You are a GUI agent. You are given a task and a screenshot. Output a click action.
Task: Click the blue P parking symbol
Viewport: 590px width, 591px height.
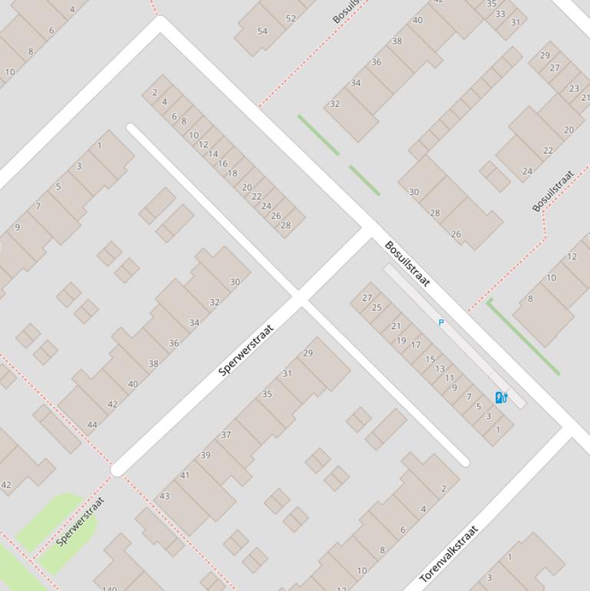coord(440,322)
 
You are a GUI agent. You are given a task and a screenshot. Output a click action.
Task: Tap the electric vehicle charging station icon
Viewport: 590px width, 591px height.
coord(501,397)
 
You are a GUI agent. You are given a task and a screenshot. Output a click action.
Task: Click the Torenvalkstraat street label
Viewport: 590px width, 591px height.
coord(450,553)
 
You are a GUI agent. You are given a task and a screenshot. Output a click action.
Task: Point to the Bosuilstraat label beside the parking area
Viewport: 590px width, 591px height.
coord(407,263)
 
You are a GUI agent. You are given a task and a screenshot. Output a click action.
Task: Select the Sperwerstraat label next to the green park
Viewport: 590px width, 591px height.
coord(81,522)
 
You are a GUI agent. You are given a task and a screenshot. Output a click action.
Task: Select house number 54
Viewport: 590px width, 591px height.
coord(262,31)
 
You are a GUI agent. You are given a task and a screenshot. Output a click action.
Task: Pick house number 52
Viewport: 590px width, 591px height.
coord(290,18)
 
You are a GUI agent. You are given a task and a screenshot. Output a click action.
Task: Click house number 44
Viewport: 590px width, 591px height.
coord(92,424)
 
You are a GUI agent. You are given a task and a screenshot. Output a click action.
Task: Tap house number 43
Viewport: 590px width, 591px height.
coord(164,496)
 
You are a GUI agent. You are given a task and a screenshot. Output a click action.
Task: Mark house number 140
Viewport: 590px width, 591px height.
coord(110,589)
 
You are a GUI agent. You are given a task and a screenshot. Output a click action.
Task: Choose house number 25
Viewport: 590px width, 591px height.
coord(376,308)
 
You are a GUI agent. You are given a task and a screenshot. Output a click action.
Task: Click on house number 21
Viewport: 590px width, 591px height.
coord(396,326)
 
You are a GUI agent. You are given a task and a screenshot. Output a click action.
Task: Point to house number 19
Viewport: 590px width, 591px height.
coord(401,341)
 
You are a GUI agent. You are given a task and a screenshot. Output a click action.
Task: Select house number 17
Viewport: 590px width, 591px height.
coord(415,345)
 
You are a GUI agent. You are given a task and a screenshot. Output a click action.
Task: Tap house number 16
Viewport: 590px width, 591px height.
coord(222,163)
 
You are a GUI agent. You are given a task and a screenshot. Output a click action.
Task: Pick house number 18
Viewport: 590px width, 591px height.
coord(232,173)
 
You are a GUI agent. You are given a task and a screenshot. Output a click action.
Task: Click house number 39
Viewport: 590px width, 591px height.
coord(206,455)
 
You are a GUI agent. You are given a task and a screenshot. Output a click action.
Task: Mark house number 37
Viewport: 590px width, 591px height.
coord(226,434)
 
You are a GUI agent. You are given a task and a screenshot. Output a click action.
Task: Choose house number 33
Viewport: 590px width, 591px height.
coord(500,14)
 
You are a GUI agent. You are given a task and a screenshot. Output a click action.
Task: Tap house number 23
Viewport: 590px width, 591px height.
coord(574,88)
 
